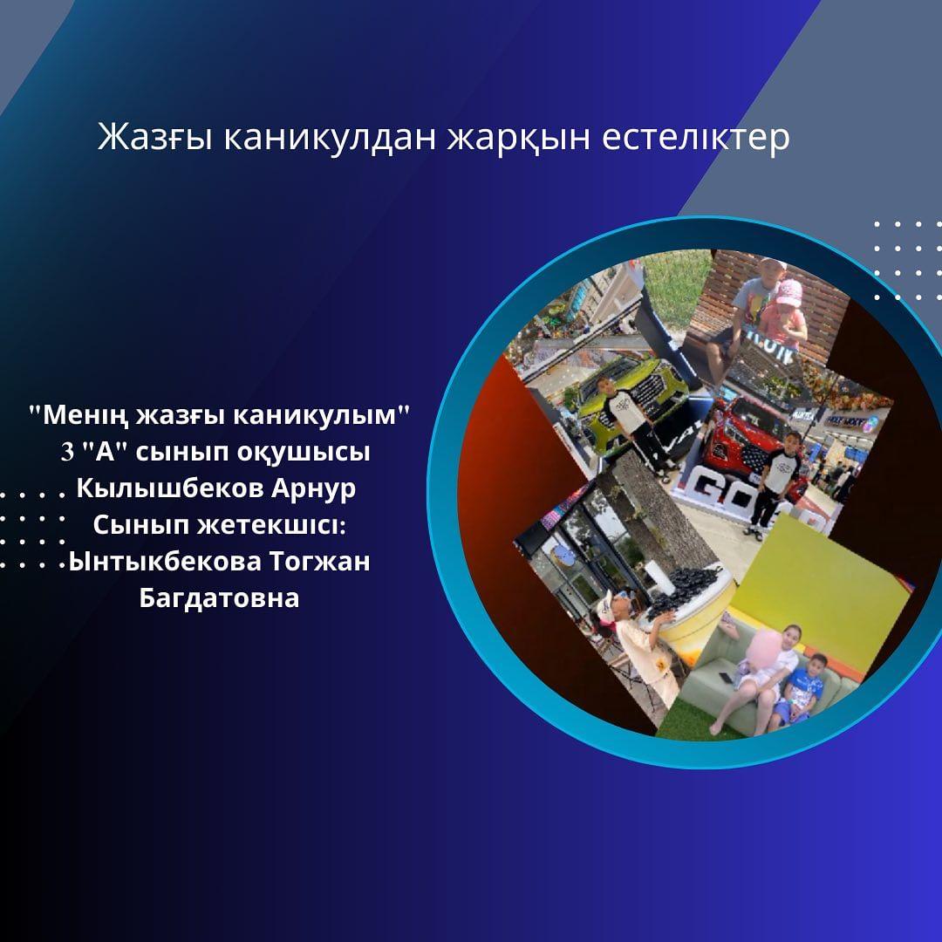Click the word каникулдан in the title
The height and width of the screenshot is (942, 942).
[x=330, y=138]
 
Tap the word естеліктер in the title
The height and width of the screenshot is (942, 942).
[x=696, y=138]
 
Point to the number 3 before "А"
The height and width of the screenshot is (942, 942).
[x=67, y=453]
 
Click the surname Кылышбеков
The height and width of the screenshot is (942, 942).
[x=171, y=488]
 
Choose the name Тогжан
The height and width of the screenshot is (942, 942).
[x=319, y=562]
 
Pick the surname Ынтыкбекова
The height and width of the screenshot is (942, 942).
[x=165, y=562]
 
